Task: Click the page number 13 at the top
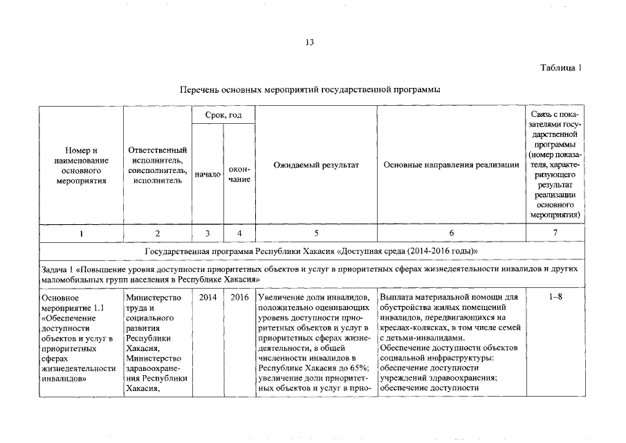pyautogui.click(x=310, y=43)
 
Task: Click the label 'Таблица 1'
pyautogui.click(x=561, y=68)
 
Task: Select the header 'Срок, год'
pyautogui.click(x=223, y=114)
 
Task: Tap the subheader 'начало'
pyautogui.click(x=208, y=175)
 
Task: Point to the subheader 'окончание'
pyautogui.click(x=239, y=174)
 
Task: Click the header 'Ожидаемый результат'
pyautogui.click(x=316, y=165)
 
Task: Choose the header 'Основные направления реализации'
pyautogui.click(x=451, y=165)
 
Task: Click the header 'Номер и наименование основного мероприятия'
pyautogui.click(x=81, y=165)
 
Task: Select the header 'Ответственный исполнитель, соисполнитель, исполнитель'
pyautogui.click(x=157, y=165)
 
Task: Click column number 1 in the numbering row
pyautogui.click(x=81, y=234)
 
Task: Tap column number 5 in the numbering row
pyautogui.click(x=316, y=234)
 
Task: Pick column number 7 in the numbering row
pyautogui.click(x=555, y=234)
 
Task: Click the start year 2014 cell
pyautogui.click(x=208, y=298)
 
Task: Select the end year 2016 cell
pyautogui.click(x=239, y=298)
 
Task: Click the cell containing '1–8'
pyautogui.click(x=555, y=298)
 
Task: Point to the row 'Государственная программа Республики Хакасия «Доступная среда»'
pyautogui.click(x=311, y=251)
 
